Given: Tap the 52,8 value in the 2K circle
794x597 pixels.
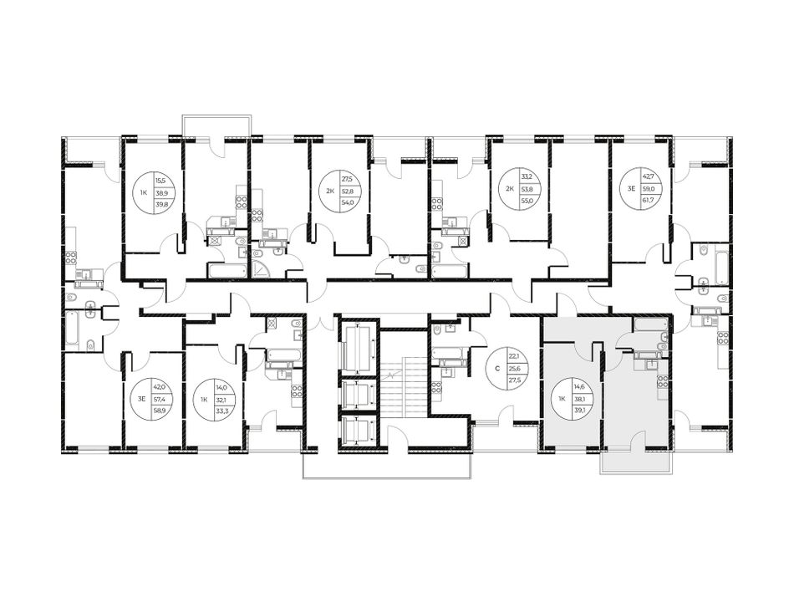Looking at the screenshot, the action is click(x=347, y=191).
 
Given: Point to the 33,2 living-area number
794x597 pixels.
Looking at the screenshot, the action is click(x=527, y=178).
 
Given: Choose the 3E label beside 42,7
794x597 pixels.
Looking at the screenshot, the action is click(x=631, y=188).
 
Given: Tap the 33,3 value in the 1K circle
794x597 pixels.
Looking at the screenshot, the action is click(x=221, y=411).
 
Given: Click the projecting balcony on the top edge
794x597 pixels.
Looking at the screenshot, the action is click(x=216, y=125).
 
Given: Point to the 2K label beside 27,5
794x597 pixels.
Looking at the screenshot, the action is click(x=329, y=191).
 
